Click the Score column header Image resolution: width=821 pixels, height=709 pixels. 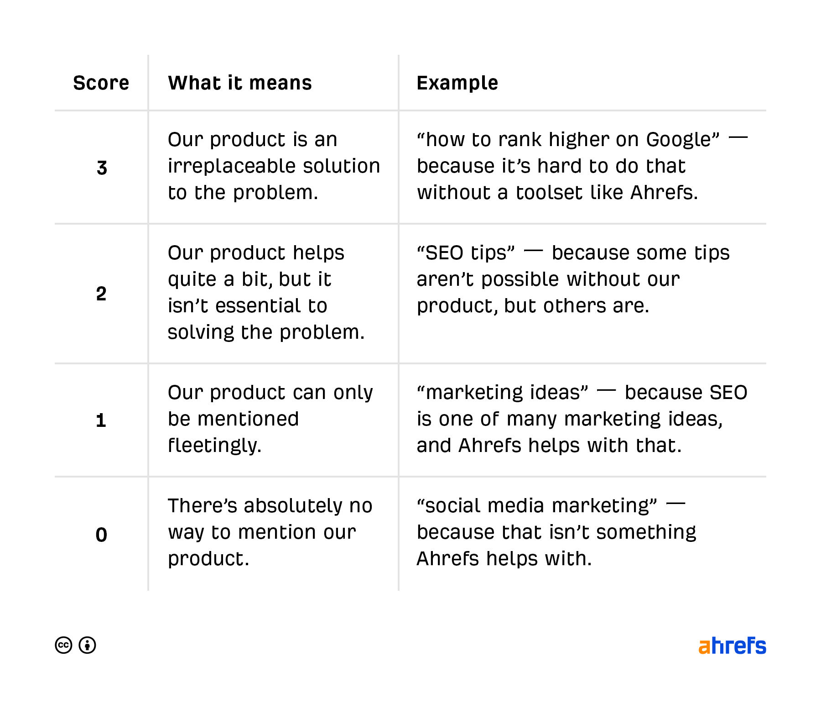[x=101, y=83]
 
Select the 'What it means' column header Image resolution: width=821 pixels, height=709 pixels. [x=240, y=83]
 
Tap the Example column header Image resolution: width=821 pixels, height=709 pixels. [x=457, y=83]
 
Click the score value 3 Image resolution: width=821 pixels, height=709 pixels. [x=102, y=168]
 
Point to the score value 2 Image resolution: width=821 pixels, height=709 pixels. [x=101, y=294]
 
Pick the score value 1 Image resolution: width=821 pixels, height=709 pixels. [x=101, y=420]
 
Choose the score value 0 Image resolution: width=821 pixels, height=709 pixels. [x=101, y=535]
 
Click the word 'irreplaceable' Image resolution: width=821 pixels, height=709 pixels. [x=231, y=166]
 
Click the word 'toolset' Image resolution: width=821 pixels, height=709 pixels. [x=549, y=193]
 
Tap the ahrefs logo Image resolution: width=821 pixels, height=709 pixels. [x=732, y=646]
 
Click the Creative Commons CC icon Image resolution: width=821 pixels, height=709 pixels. [x=64, y=645]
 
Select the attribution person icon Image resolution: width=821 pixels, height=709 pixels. [x=87, y=645]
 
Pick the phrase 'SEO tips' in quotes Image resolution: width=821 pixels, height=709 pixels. [x=466, y=253]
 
